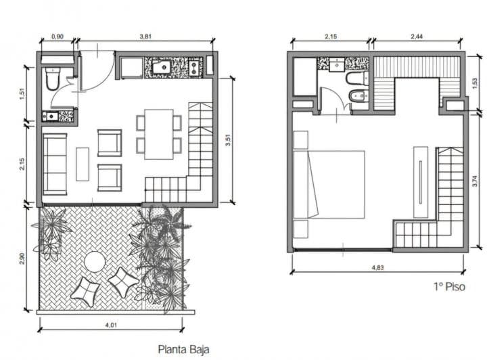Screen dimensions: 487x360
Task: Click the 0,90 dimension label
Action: [x=57, y=37]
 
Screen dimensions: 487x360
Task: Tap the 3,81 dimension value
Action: [x=145, y=36]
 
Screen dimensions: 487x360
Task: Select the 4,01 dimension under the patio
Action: [x=111, y=325]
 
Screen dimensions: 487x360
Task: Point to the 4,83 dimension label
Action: [x=377, y=267]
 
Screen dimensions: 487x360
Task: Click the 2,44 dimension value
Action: [x=417, y=37]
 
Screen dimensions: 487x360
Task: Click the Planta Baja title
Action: [x=183, y=349]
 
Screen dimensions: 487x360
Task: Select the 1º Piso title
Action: [x=449, y=286]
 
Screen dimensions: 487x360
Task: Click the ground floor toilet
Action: [x=52, y=79]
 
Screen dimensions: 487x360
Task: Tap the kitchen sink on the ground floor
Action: [x=162, y=67]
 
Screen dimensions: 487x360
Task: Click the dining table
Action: [x=159, y=134]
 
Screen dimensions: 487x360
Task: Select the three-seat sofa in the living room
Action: [x=55, y=164]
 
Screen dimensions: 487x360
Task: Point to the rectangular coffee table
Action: [x=83, y=164]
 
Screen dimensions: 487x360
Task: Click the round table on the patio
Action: [x=95, y=261]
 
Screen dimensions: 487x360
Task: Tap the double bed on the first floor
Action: [x=329, y=185]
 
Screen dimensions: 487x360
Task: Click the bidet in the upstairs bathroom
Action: [x=357, y=96]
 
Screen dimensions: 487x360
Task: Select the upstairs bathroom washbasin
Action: [x=337, y=64]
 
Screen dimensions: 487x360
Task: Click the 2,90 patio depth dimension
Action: [x=22, y=258]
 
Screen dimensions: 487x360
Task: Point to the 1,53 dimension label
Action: [x=475, y=83]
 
